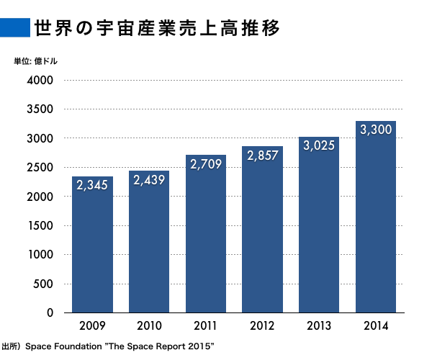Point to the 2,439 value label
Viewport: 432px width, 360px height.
click(x=149, y=180)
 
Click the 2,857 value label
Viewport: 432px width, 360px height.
click(x=262, y=156)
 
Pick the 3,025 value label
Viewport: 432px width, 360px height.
click(x=319, y=145)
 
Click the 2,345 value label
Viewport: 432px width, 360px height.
click(x=92, y=186)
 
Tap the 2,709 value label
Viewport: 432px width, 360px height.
click(x=206, y=165)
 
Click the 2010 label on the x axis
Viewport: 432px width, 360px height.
click(x=149, y=325)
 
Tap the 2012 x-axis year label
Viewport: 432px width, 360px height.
click(x=262, y=325)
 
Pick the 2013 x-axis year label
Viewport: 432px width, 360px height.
click(x=319, y=325)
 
